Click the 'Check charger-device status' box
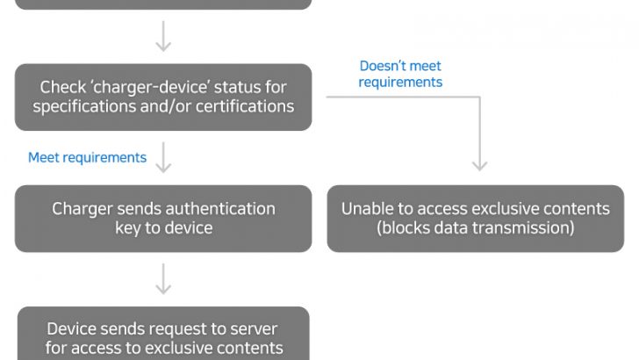click(x=163, y=97)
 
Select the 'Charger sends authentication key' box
click(x=163, y=218)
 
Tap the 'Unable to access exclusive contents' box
click(x=475, y=218)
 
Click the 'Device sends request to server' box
click(x=163, y=337)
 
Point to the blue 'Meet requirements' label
click(x=87, y=158)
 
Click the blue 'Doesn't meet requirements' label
click(x=400, y=74)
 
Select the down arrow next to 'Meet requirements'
click(x=163, y=158)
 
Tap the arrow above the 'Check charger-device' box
click(x=163, y=38)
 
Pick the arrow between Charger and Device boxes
click(x=163, y=278)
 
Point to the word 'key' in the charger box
click(x=128, y=228)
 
